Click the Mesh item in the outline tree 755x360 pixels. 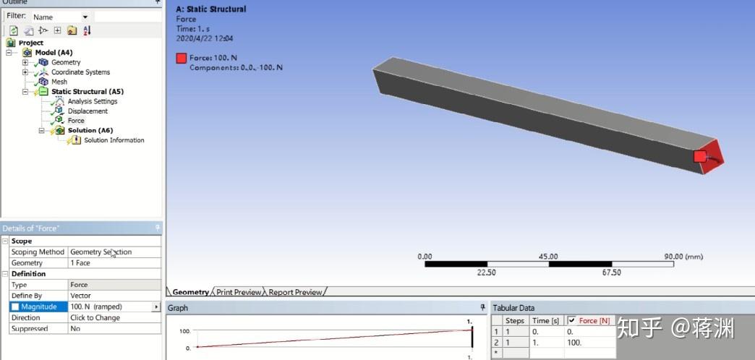point(59,82)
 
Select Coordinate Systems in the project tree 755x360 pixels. point(80,72)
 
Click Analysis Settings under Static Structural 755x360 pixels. point(92,101)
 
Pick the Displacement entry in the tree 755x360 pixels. point(88,111)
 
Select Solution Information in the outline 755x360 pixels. point(114,140)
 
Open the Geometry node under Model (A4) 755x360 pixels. point(65,62)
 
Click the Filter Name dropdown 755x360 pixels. point(61,17)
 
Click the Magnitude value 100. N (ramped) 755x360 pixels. point(108,307)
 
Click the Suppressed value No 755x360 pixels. point(75,329)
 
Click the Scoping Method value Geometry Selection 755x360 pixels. point(101,252)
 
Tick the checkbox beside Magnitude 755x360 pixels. point(15,307)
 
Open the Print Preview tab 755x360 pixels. point(239,292)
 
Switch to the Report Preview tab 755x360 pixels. point(295,292)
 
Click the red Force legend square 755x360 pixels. point(181,59)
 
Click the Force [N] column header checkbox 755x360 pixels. point(572,320)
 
